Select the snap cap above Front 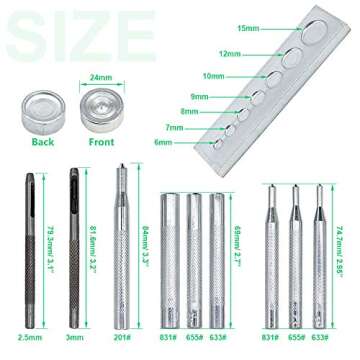[x=100, y=106]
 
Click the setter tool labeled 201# [x=120, y=250]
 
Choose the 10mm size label [x=213, y=75]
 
